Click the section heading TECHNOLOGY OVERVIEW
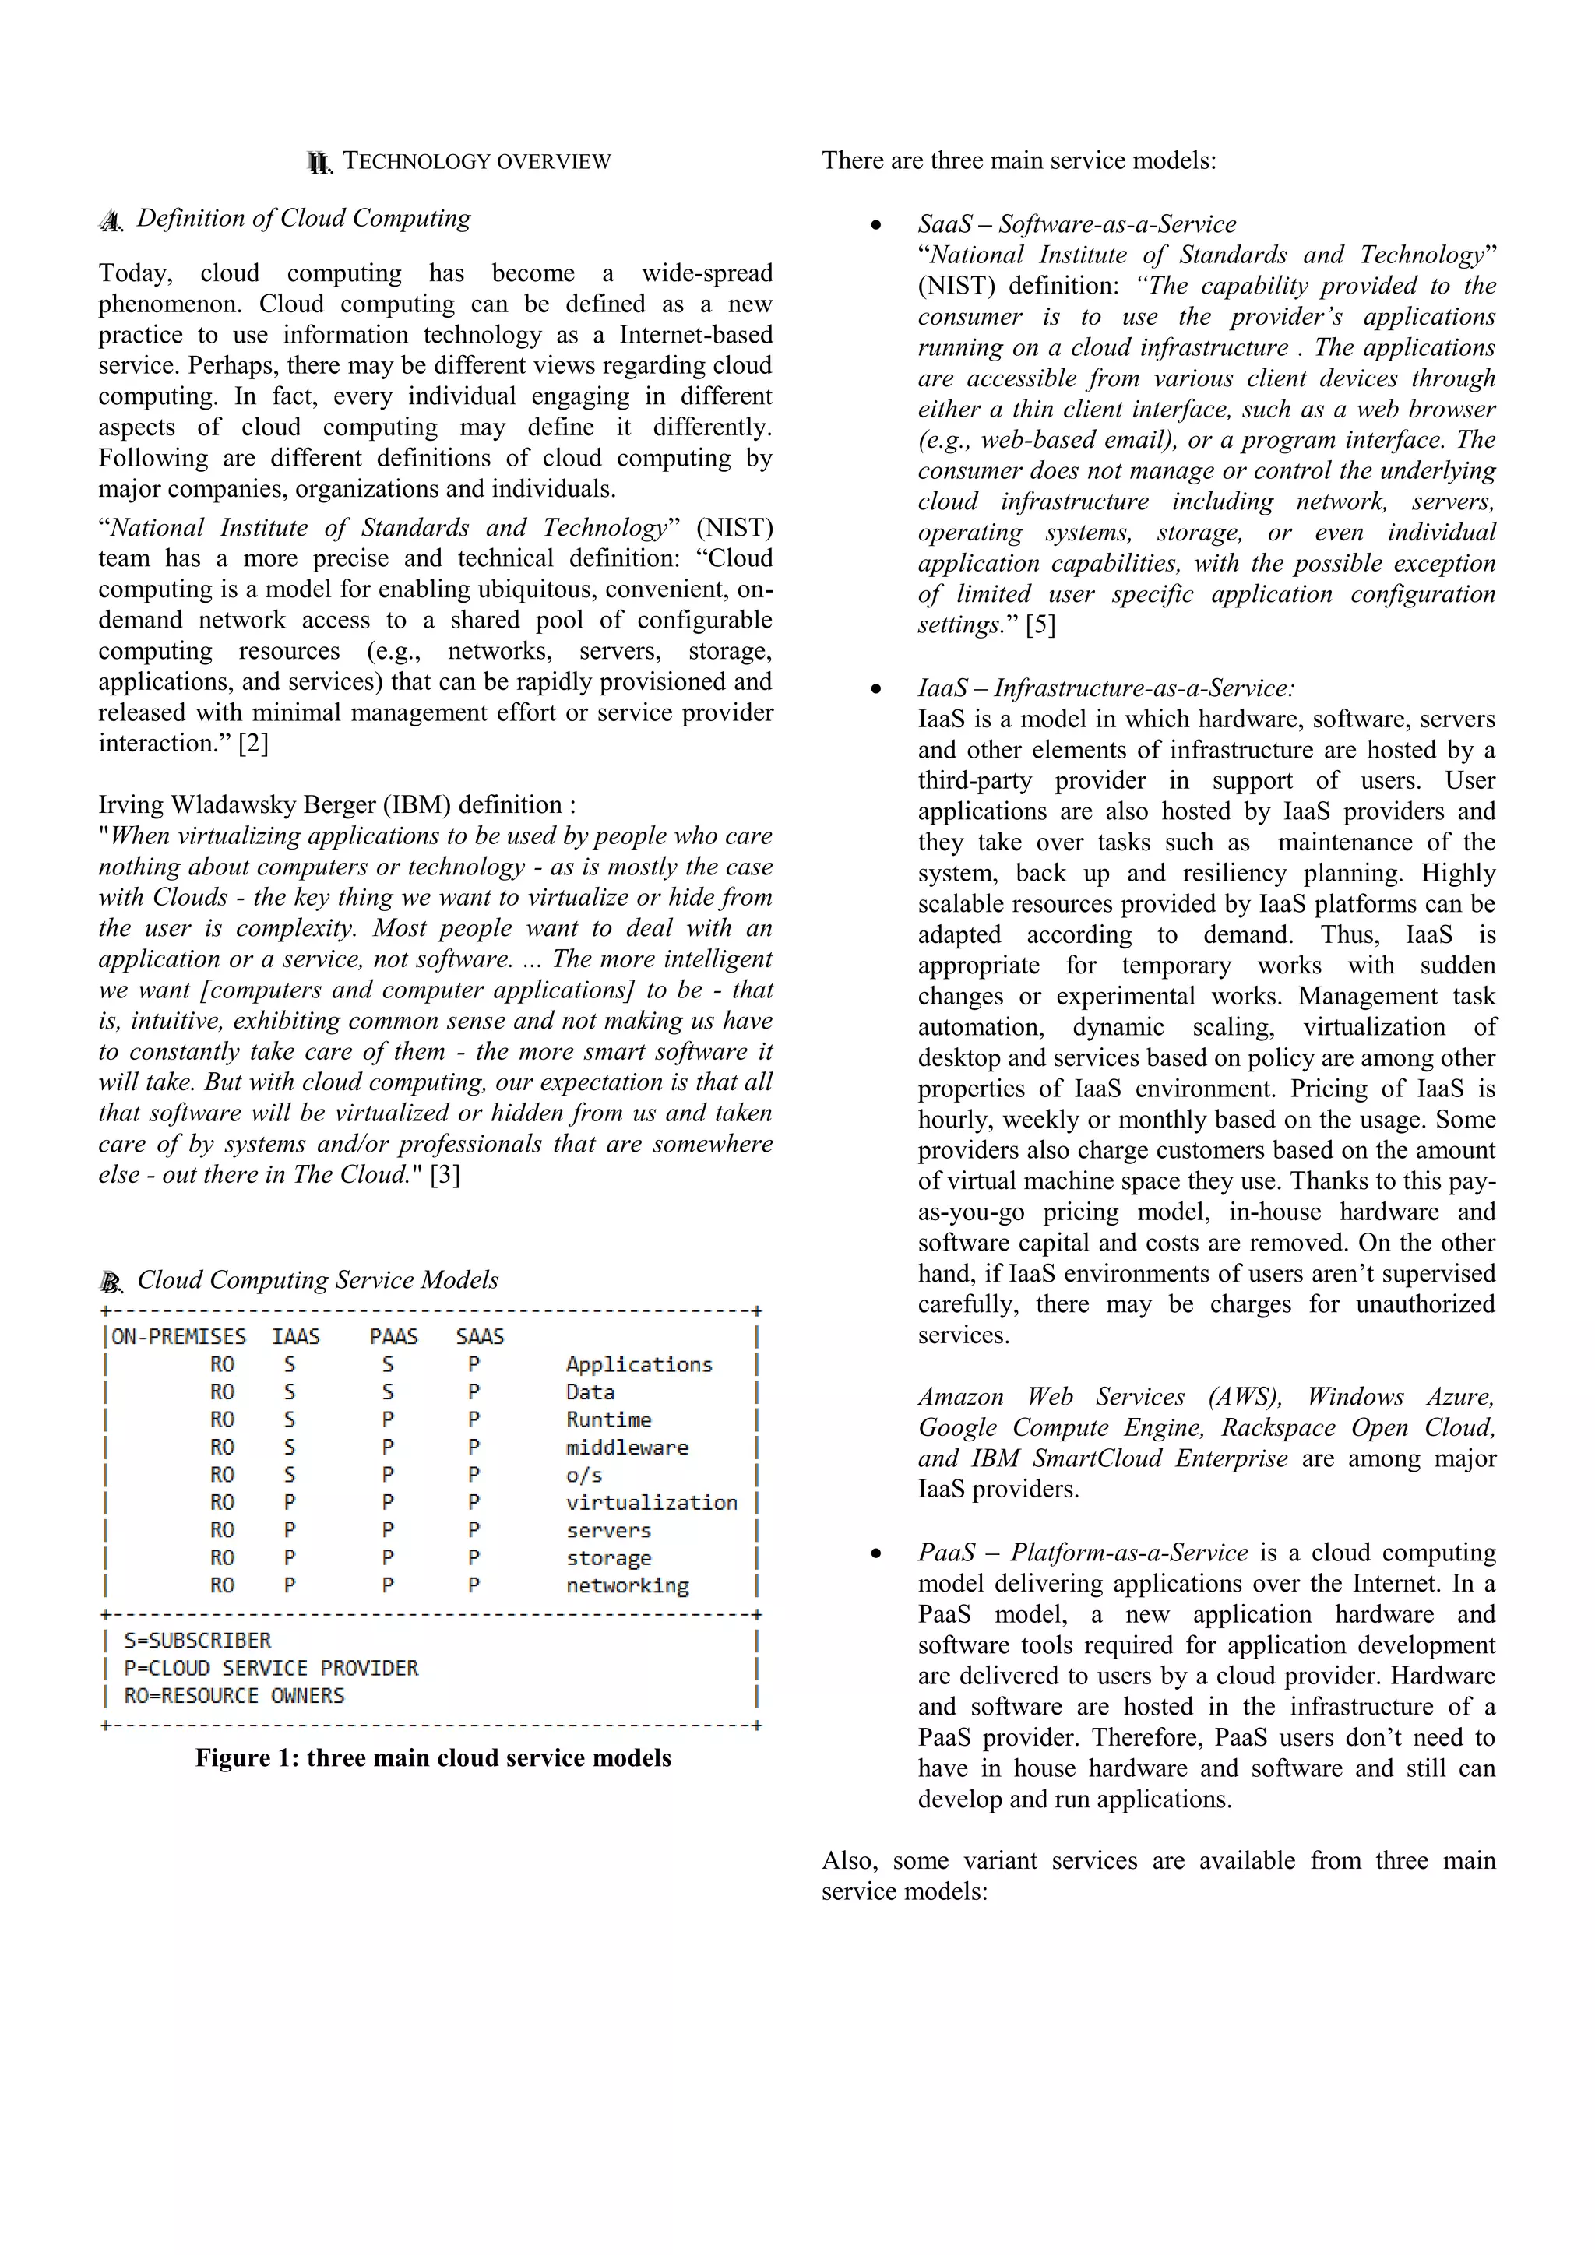(477, 162)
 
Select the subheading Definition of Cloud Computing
(304, 218)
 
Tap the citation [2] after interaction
(253, 744)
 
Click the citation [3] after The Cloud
(445, 1175)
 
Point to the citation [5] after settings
(1040, 624)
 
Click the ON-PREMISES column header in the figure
(179, 1337)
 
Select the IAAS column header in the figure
(296, 1337)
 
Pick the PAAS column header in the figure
(394, 1337)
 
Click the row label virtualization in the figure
(651, 1503)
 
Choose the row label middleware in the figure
(627, 1448)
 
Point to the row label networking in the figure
(627, 1585)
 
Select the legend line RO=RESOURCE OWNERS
(234, 1695)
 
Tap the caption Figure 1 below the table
(433, 1757)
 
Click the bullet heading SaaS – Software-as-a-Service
(1076, 224)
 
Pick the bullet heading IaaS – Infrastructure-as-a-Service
(1106, 688)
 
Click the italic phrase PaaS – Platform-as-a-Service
(1083, 1552)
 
